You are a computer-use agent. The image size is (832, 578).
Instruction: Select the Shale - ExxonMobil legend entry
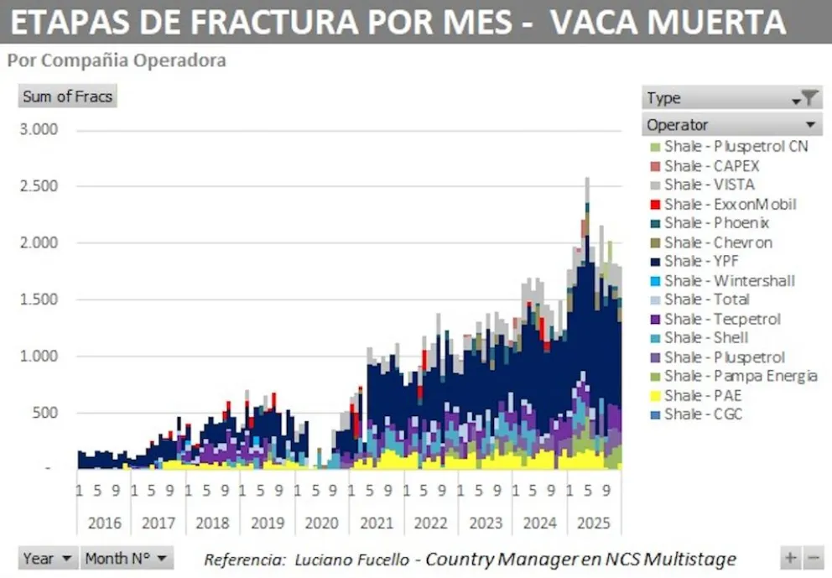click(x=730, y=204)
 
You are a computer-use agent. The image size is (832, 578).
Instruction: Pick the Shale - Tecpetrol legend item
click(x=722, y=319)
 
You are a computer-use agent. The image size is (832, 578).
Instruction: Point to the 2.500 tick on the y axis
click(x=39, y=186)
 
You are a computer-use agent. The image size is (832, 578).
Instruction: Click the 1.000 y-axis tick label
click(x=39, y=356)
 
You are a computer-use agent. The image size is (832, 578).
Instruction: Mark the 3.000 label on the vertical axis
click(x=39, y=130)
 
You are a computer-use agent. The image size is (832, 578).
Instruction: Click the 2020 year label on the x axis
click(x=322, y=523)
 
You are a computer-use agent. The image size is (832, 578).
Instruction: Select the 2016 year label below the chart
click(x=104, y=523)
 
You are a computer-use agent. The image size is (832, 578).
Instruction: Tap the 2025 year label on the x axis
click(x=595, y=523)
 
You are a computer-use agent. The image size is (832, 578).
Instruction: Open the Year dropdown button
click(x=47, y=558)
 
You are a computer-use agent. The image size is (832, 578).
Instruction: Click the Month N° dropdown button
click(x=127, y=558)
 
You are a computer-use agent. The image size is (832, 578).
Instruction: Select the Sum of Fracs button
click(x=67, y=96)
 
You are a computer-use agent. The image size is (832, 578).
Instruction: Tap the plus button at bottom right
click(x=790, y=558)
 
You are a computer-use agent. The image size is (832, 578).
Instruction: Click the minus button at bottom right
click(x=813, y=558)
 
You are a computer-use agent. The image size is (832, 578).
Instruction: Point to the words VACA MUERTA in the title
click(x=668, y=22)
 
